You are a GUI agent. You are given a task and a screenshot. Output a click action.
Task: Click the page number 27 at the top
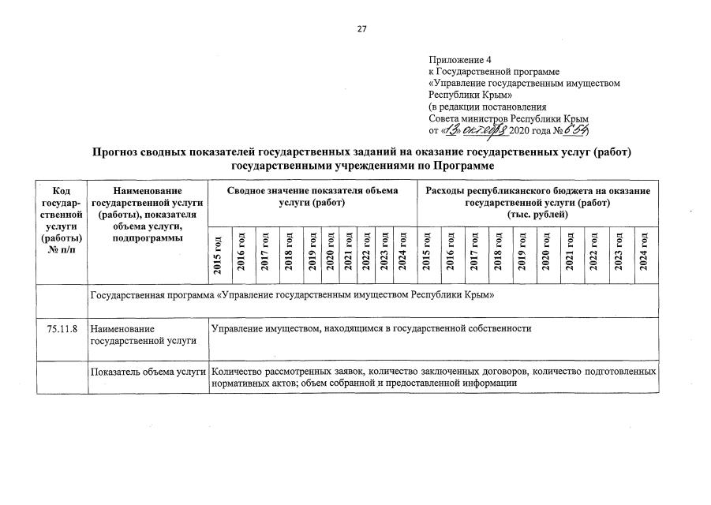(361, 29)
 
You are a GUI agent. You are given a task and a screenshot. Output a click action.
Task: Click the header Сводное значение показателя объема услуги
(312, 197)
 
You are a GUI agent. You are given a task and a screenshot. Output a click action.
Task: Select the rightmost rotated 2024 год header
(644, 254)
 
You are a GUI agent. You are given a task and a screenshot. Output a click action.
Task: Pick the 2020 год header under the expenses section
(544, 254)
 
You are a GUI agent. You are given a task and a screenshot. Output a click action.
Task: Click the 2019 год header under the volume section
(312, 254)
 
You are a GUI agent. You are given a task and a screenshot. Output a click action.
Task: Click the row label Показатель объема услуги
(148, 371)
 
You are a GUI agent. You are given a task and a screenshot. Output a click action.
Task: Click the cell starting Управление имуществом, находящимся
(371, 327)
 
